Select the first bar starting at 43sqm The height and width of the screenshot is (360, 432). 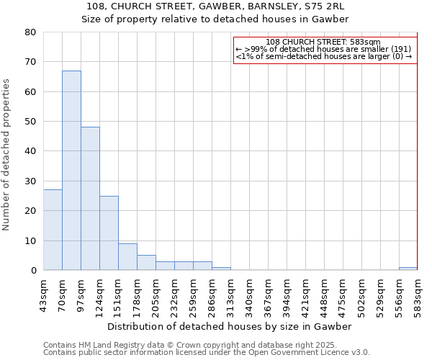tap(53, 230)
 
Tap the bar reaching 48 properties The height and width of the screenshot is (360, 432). tap(90, 199)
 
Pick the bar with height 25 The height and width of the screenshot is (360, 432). tap(109, 233)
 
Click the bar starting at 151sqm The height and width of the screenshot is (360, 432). tap(127, 257)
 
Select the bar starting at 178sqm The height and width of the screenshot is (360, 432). tap(146, 263)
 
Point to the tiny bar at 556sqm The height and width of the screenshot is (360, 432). tap(408, 269)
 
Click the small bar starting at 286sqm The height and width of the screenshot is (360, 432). tap(221, 269)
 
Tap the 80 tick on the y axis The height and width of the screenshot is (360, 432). tap(30, 32)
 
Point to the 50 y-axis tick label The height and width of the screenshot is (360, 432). tap(30, 122)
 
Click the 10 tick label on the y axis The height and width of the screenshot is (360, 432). tap(30, 241)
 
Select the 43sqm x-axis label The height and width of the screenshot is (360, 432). tap(43, 294)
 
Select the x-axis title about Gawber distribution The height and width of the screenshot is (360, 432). tap(230, 326)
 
